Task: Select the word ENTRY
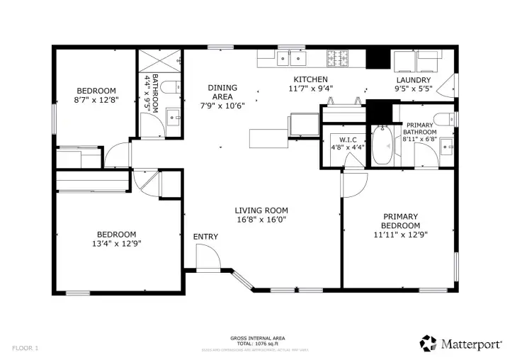(x=205, y=236)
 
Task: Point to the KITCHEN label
(x=310, y=79)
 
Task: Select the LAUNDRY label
(x=413, y=80)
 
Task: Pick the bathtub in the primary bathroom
(x=382, y=145)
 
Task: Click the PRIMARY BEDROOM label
(x=400, y=221)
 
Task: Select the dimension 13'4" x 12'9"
(x=116, y=244)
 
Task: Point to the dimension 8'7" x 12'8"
(x=96, y=100)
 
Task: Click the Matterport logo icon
(x=428, y=343)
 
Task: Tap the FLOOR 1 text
(x=25, y=348)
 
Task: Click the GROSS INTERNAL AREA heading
(x=258, y=338)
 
